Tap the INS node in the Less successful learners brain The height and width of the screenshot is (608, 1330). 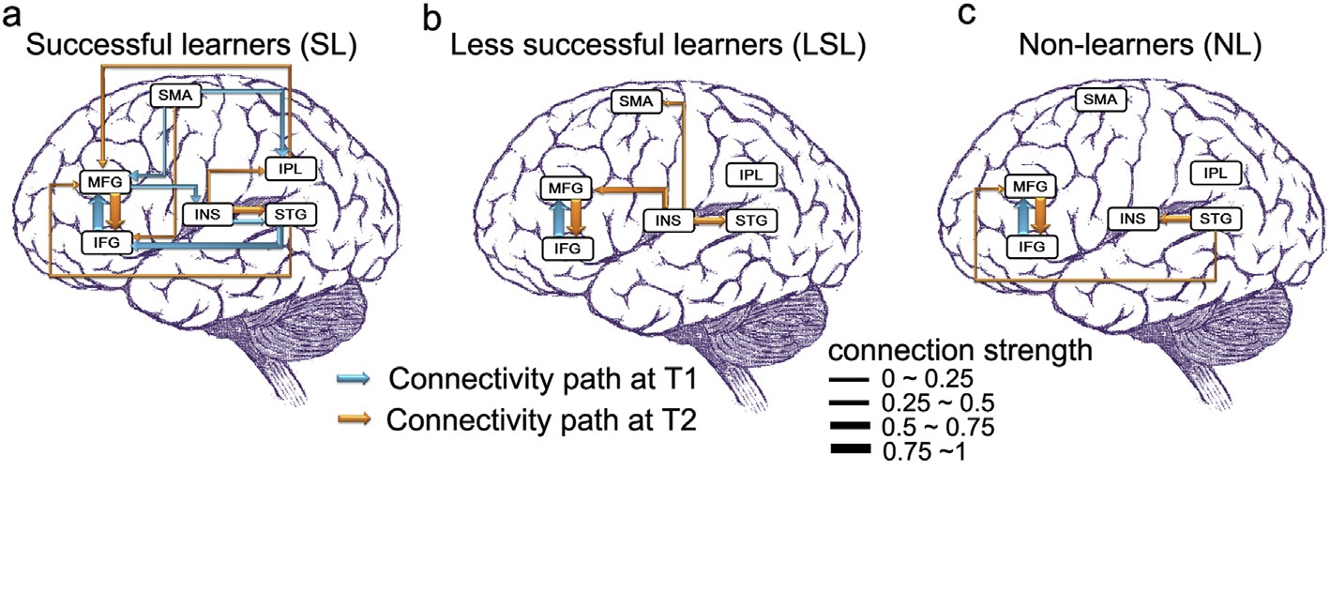pyautogui.click(x=669, y=220)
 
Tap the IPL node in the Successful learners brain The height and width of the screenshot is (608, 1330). pyautogui.click(x=290, y=169)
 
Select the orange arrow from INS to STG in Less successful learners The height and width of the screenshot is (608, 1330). pyautogui.click(x=711, y=220)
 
